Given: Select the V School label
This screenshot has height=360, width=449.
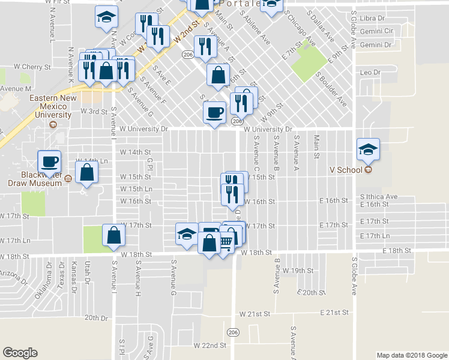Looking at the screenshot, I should click(346, 170).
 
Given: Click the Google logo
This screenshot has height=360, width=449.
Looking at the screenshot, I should click(20, 353).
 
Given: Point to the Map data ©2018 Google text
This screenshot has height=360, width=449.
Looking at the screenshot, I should click(411, 355).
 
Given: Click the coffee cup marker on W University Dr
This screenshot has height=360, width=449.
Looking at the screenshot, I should click(214, 112).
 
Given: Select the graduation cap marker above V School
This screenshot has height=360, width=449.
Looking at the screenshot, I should click(368, 149).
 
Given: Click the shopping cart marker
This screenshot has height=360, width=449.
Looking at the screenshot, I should click(225, 242).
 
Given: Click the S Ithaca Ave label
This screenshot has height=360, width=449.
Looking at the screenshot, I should click(379, 196).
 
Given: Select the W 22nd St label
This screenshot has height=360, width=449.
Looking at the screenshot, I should click(209, 346).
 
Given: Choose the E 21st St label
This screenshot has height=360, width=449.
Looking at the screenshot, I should click(334, 313).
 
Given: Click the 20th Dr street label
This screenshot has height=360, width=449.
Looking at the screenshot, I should click(97, 317).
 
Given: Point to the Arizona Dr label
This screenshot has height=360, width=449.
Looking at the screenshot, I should click(13, 277).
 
